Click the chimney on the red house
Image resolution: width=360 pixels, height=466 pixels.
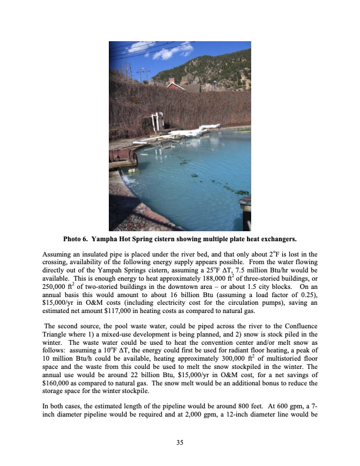pyautogui.click(x=171, y=81)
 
